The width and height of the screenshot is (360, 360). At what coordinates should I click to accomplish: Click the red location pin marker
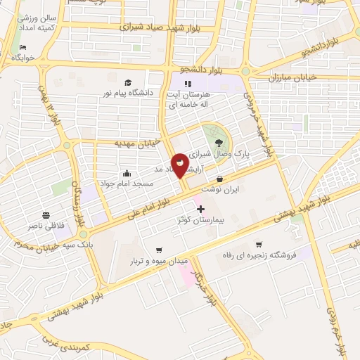coord(180,165)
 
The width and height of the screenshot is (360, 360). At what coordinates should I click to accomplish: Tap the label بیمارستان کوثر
coord(201,221)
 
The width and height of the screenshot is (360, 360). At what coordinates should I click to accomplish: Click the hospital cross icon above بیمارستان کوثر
coord(201,209)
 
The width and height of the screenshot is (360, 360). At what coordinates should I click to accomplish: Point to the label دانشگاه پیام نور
coord(129,92)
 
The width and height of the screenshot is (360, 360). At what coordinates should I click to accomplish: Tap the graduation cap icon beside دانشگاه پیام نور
coord(127,82)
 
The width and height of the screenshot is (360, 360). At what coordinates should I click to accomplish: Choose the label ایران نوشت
coord(220,190)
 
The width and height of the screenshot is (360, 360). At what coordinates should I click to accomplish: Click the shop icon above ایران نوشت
coord(220,179)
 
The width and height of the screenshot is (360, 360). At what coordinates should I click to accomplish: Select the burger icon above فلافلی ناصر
coord(46,215)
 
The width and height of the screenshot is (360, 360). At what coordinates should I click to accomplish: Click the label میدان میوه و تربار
coord(159,261)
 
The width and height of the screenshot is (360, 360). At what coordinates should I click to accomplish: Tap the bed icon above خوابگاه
coord(24,47)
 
